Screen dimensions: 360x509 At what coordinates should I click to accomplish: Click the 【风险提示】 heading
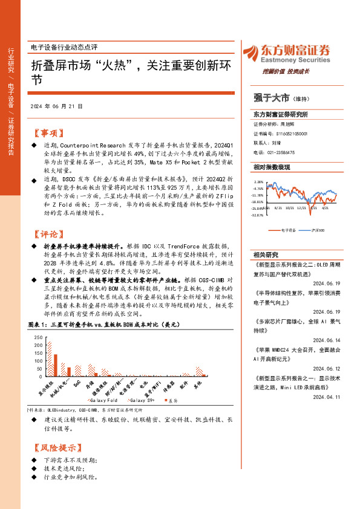[x=54, y=448]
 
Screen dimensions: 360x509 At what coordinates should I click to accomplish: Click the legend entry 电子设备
[x=287, y=230]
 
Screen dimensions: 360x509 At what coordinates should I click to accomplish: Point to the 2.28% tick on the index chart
[x=259, y=181]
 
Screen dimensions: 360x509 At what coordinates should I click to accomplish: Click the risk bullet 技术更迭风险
[x=65, y=469]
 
